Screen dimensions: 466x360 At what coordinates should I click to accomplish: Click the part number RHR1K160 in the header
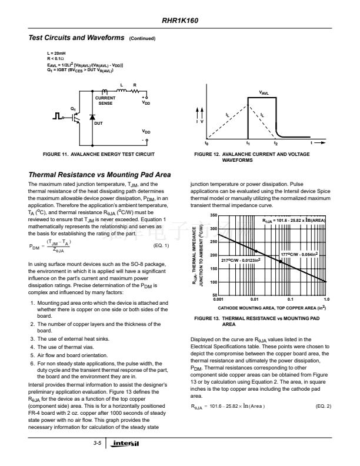[x=180, y=21]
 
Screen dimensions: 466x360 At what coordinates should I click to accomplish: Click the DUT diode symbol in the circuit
[x=92, y=117]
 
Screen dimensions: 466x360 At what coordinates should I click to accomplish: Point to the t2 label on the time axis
[x=276, y=143]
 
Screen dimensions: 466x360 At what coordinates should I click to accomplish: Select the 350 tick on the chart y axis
[x=214, y=216]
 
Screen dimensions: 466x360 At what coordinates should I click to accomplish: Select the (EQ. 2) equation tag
[x=324, y=407]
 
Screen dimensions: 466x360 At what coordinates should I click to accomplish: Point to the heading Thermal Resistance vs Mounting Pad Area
[x=99, y=175]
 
